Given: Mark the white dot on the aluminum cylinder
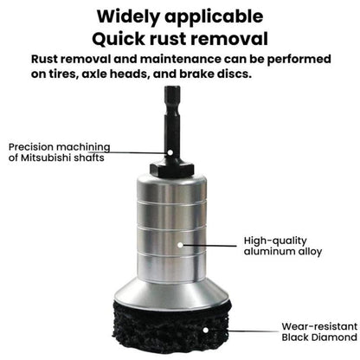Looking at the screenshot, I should [x=180, y=246].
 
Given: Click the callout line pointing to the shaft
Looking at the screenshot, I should [x=130, y=151].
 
